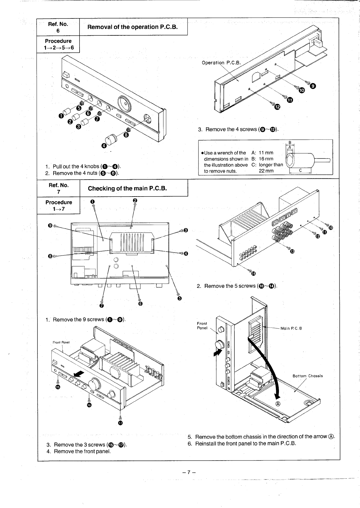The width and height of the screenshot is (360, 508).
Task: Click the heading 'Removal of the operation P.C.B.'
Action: click(x=132, y=27)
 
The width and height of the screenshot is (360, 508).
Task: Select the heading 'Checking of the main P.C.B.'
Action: click(x=127, y=188)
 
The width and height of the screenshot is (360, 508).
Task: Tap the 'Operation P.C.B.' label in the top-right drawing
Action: click(x=221, y=63)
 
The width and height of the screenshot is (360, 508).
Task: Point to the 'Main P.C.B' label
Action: click(x=291, y=328)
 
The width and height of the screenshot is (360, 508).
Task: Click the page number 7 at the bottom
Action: click(x=188, y=472)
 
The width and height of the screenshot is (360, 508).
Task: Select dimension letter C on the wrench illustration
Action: click(x=300, y=171)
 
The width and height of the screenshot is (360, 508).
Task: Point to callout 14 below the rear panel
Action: click(x=253, y=274)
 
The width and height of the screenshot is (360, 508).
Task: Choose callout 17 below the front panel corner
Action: click(x=120, y=423)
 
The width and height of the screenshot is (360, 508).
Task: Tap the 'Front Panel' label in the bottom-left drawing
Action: click(x=61, y=342)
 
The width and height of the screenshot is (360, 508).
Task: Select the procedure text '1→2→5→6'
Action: click(x=58, y=47)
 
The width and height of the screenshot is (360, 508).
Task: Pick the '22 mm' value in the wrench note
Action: click(x=266, y=171)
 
